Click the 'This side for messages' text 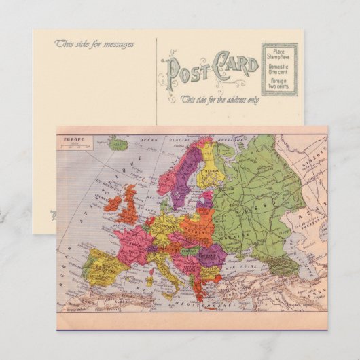point(95,44)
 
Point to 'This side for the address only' point(219,99)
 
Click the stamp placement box point(280,69)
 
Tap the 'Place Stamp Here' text point(280,54)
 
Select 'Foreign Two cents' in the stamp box point(280,85)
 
